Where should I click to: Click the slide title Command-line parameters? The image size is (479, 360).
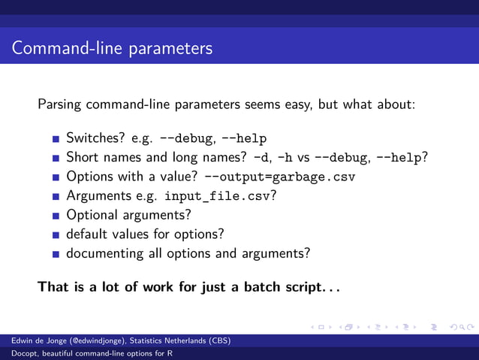point(113,49)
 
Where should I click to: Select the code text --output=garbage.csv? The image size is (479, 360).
point(279,177)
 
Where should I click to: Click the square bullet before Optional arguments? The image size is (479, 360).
point(56,216)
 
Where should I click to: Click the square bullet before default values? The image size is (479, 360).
point(56,234)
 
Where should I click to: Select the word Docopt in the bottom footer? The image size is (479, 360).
point(14,354)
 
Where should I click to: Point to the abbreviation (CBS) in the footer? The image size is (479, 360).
point(218,341)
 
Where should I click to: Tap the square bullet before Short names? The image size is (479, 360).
point(56,158)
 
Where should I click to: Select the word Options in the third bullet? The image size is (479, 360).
point(89,177)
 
